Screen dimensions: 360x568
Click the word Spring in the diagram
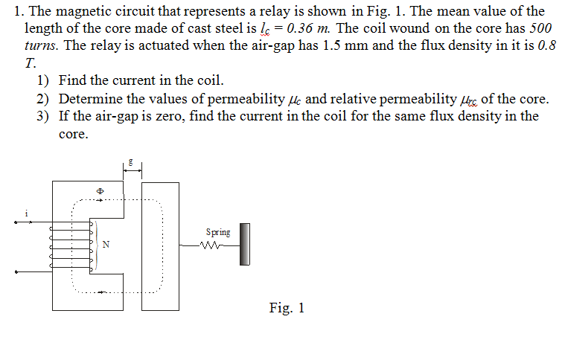point(218,232)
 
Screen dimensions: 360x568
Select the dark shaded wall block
point(243,243)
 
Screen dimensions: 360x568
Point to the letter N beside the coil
point(105,244)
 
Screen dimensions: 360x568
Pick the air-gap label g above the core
point(131,160)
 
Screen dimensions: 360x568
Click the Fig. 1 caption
point(287,307)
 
